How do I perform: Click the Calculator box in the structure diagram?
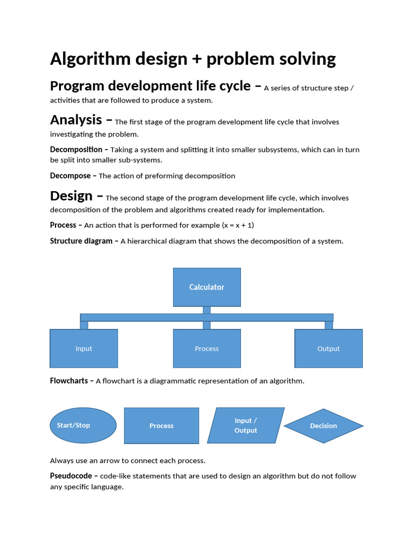tap(206, 287)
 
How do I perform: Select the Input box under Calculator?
tap(84, 348)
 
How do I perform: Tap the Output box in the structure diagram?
tap(328, 348)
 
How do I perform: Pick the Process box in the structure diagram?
tap(206, 348)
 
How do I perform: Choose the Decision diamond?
tap(323, 426)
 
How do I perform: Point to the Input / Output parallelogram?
tap(246, 426)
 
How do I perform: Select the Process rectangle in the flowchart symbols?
tap(161, 426)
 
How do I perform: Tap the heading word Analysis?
tap(76, 119)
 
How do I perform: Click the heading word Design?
tap(71, 195)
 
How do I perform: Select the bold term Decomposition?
tap(76, 150)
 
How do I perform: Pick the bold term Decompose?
tap(71, 176)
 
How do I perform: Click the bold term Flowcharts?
tap(69, 381)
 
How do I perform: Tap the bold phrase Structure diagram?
tap(81, 241)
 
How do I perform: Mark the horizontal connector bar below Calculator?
tap(206, 318)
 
